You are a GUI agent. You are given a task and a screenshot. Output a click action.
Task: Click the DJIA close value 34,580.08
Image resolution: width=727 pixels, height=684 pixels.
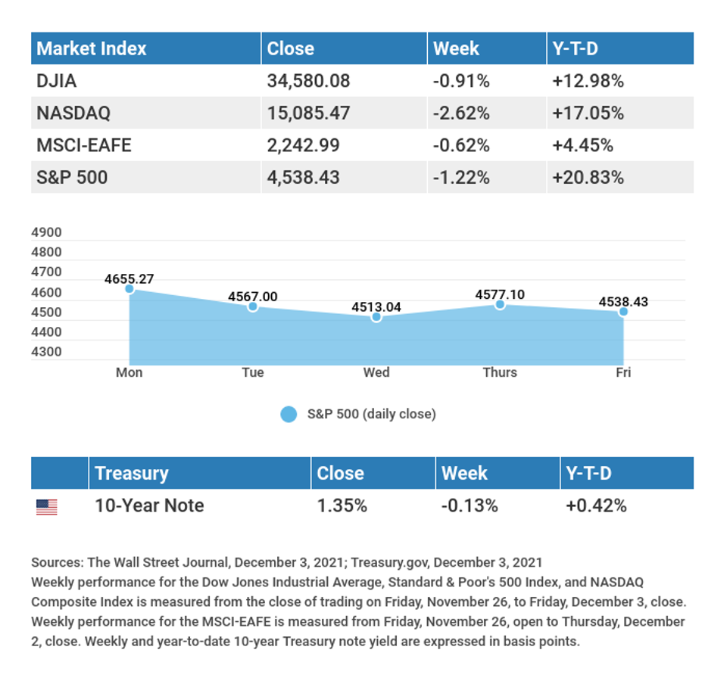pos(308,81)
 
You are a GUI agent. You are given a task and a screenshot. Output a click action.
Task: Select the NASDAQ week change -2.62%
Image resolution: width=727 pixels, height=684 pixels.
pos(461,113)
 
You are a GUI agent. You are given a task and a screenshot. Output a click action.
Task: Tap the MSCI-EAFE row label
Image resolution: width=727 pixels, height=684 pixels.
pos(84,145)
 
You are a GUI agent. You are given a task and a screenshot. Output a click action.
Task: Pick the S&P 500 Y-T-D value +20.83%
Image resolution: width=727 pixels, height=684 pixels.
pos(588,178)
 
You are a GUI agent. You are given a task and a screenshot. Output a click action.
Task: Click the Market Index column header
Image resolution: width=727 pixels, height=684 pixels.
pos(92,49)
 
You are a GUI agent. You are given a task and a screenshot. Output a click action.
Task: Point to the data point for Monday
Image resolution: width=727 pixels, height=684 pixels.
pos(129,289)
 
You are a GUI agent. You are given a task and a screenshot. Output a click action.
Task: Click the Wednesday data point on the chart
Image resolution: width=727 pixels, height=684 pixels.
pos(376,317)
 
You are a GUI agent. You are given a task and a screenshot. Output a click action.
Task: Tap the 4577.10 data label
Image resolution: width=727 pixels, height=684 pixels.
pos(500,294)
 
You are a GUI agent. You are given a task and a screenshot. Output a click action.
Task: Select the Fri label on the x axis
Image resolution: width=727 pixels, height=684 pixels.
pos(623,372)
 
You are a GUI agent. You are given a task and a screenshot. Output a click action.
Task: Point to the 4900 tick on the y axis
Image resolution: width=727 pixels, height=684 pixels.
pos(46,232)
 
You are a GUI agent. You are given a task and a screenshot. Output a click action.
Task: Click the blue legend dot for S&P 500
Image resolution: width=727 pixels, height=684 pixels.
pos(289,414)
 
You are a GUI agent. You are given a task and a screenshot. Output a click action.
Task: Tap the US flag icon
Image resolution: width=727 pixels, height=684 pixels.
pos(47,507)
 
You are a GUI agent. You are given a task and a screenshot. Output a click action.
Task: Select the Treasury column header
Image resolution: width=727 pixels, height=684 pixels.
pos(132,474)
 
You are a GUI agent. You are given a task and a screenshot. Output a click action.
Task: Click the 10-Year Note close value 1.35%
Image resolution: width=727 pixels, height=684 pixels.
pos(342,506)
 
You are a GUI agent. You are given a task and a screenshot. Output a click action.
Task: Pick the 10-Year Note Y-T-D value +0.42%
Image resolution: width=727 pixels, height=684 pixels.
pos(596,506)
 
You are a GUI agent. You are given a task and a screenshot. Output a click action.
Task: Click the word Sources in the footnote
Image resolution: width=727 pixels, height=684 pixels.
pos(58,563)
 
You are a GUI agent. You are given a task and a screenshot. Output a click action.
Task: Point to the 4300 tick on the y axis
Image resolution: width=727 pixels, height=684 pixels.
pos(46,352)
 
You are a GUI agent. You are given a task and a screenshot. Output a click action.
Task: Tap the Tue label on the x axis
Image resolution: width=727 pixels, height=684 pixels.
pos(253,372)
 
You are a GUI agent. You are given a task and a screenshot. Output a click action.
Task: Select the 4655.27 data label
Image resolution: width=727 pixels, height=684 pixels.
pos(129,279)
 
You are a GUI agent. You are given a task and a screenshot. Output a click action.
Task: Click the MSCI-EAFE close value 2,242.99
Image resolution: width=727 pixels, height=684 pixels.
pos(303,145)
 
